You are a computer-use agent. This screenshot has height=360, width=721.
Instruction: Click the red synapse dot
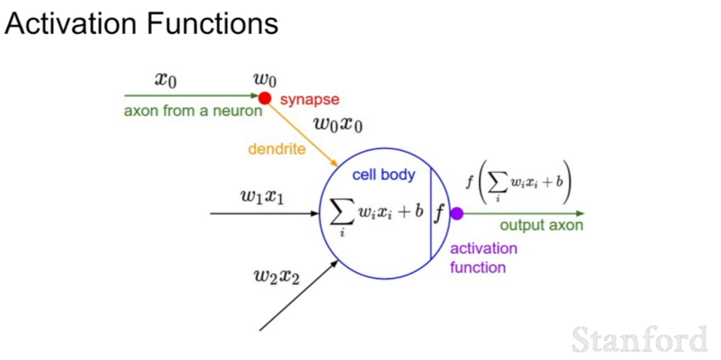(x=265, y=98)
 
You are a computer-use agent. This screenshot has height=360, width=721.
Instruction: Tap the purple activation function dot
(x=456, y=213)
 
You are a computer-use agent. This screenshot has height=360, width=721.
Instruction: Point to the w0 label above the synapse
(x=265, y=81)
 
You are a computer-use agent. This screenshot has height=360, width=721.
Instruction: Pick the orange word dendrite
(x=277, y=149)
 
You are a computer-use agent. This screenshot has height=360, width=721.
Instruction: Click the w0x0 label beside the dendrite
(x=337, y=124)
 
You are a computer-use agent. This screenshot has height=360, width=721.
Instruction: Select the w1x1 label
(x=262, y=196)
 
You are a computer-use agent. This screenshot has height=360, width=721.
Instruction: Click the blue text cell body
(x=384, y=175)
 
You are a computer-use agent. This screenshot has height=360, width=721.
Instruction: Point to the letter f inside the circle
(x=439, y=214)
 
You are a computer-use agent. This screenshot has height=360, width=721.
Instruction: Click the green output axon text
(x=541, y=225)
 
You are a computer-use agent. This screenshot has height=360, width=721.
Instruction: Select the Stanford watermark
(x=640, y=339)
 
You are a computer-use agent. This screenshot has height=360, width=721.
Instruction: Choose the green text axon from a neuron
(x=193, y=111)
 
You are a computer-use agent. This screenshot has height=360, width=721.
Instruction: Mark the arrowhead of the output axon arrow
(x=580, y=213)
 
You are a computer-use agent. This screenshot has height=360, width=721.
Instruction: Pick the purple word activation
(x=483, y=249)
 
